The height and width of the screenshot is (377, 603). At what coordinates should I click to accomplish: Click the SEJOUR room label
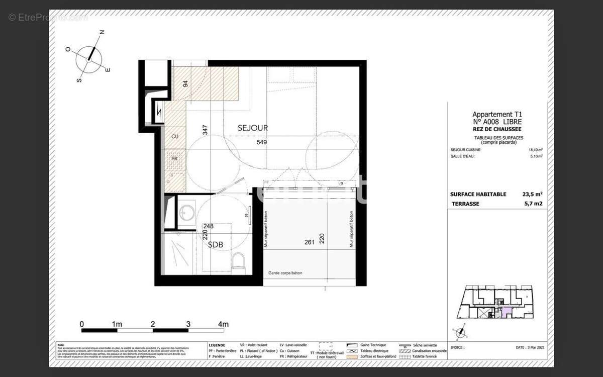tap(253, 128)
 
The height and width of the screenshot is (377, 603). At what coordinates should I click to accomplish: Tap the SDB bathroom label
tap(216, 245)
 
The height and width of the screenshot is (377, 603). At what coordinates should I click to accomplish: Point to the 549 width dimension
tap(261, 142)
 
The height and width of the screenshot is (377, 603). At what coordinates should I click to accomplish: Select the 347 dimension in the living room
tap(205, 129)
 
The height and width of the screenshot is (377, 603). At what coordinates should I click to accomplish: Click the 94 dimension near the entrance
tap(185, 83)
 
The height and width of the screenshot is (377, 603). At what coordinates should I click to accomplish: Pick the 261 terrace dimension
tap(310, 242)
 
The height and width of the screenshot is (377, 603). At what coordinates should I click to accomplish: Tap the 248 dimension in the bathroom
tap(209, 226)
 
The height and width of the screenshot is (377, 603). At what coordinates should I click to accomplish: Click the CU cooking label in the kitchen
tap(175, 137)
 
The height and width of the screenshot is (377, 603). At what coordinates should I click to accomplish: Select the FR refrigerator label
tap(175, 158)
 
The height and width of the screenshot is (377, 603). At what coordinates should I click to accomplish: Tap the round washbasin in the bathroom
tap(188, 212)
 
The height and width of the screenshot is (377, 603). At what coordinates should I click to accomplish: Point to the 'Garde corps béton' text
tap(285, 273)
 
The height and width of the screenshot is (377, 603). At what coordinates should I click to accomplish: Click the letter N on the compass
tap(102, 32)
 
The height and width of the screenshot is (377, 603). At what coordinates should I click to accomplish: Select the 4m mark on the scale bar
tap(223, 324)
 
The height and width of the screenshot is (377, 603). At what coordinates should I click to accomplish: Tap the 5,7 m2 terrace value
tap(533, 204)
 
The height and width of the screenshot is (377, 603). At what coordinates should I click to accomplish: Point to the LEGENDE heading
tap(217, 345)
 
